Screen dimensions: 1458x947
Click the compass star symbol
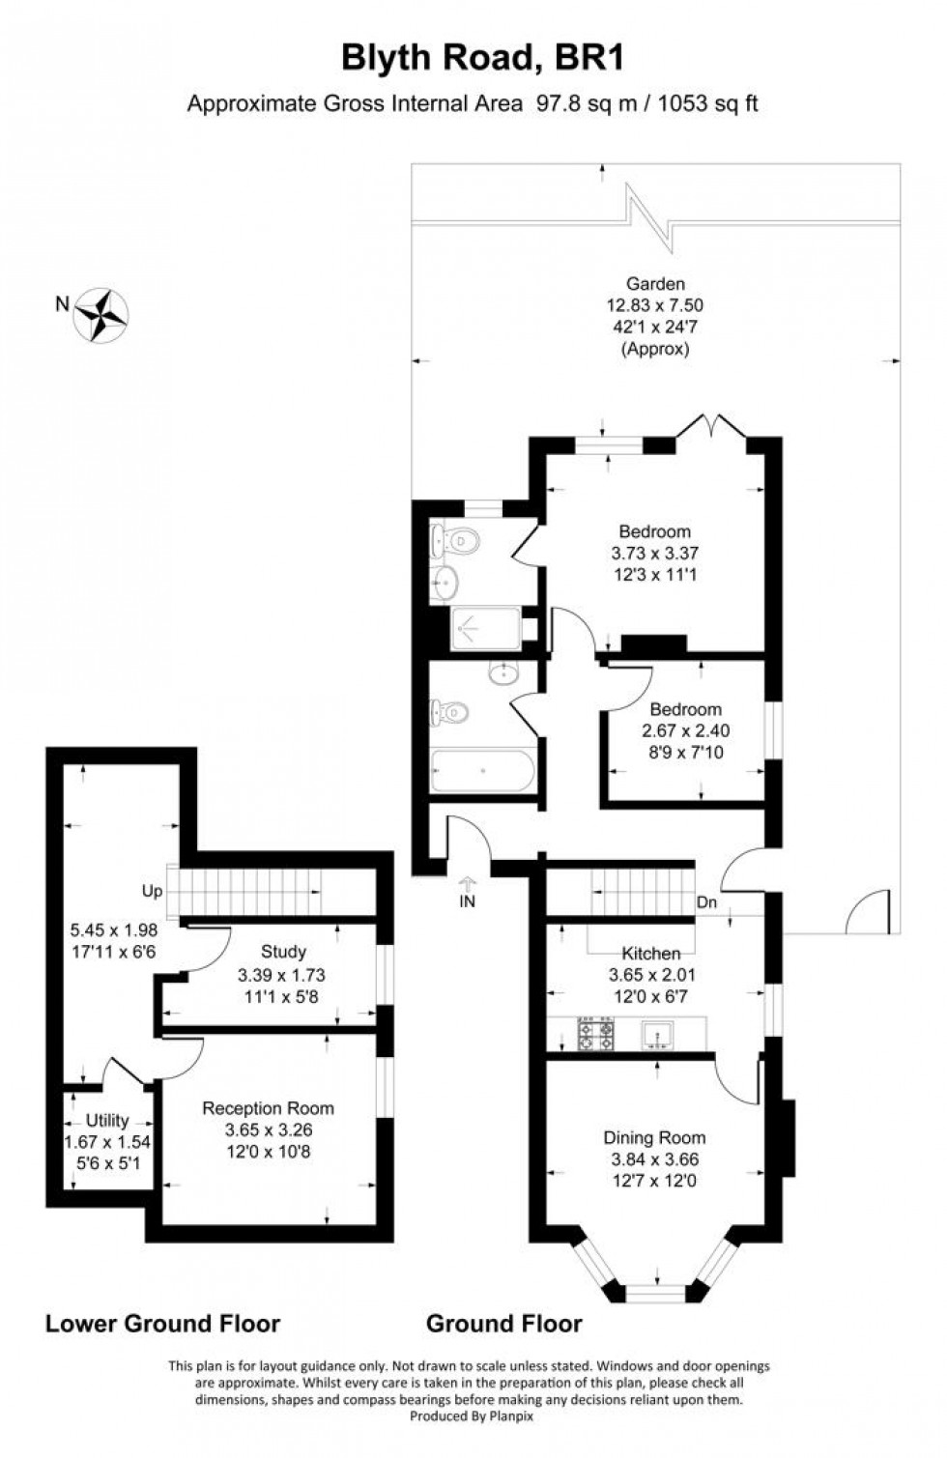[101, 313]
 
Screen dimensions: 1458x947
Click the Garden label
[655, 283]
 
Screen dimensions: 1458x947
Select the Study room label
[283, 952]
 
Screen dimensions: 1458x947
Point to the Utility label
[107, 1121]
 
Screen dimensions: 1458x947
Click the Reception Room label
[268, 1108]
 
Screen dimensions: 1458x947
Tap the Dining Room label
[654, 1137]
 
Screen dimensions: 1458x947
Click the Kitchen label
[650, 954]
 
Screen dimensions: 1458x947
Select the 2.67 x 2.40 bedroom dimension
[685, 730]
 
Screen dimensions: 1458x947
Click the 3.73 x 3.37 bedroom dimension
[654, 554]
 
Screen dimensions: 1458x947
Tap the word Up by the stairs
[152, 891]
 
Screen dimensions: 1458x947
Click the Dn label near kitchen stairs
[706, 902]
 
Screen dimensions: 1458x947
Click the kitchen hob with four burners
[595, 1033]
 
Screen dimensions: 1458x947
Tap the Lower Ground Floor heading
[162, 1324]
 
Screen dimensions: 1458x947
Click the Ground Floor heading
[503, 1324]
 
